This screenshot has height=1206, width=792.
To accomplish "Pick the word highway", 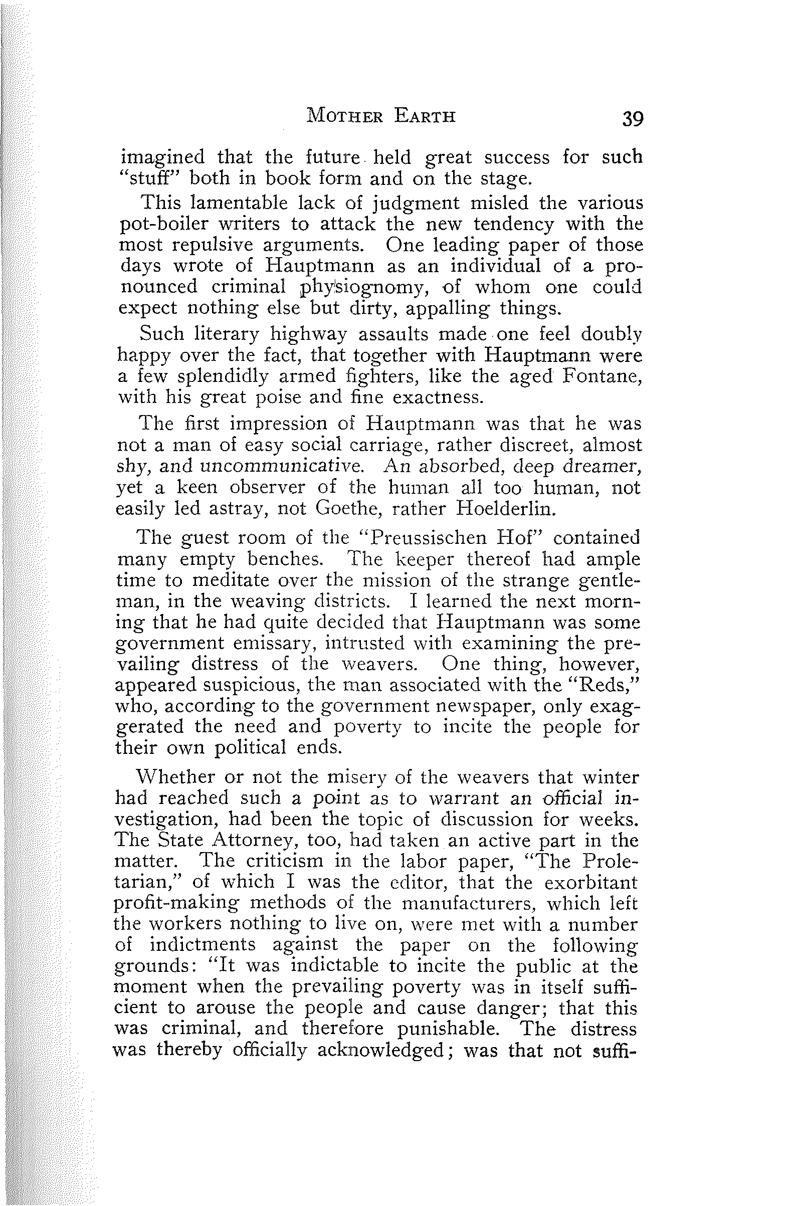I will (x=308, y=334).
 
